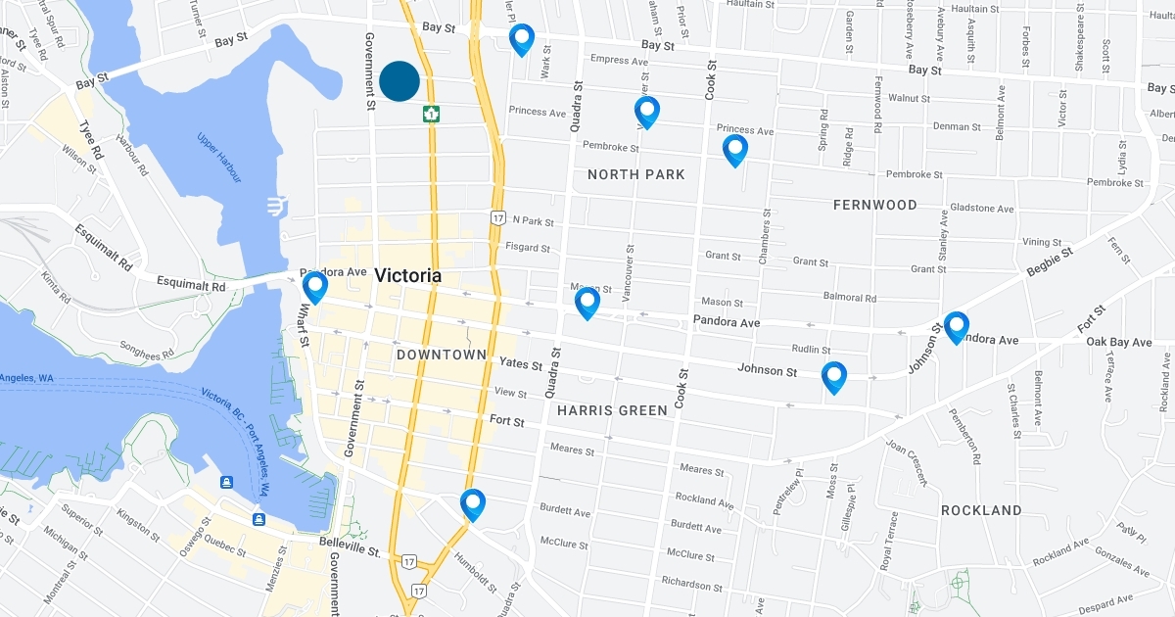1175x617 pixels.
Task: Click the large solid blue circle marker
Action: pyautogui.click(x=399, y=81)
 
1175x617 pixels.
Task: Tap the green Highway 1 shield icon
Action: pyautogui.click(x=430, y=114)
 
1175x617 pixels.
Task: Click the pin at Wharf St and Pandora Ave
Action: pyautogui.click(x=315, y=287)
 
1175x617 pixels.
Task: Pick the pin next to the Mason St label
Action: pyautogui.click(x=587, y=303)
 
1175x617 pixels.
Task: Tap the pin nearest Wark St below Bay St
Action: pyautogui.click(x=522, y=39)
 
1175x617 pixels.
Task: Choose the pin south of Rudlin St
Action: pyautogui.click(x=833, y=377)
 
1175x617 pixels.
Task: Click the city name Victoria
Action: pyautogui.click(x=407, y=276)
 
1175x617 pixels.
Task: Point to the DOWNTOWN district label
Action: pyautogui.click(x=442, y=355)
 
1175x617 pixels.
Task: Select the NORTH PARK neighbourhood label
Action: pyautogui.click(x=635, y=174)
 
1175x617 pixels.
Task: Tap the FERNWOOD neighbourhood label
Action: pyautogui.click(x=874, y=205)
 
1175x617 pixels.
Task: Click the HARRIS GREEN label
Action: pyautogui.click(x=611, y=410)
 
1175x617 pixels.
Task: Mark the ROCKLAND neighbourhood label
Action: pyautogui.click(x=980, y=510)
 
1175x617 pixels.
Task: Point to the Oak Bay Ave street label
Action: pyautogui.click(x=1119, y=342)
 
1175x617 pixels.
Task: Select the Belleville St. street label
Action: pyautogui.click(x=350, y=550)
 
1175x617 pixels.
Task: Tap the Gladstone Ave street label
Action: pyautogui.click(x=982, y=209)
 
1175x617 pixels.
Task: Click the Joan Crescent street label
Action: pyautogui.click(x=907, y=461)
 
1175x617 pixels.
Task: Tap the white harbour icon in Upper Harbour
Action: pyautogui.click(x=277, y=207)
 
